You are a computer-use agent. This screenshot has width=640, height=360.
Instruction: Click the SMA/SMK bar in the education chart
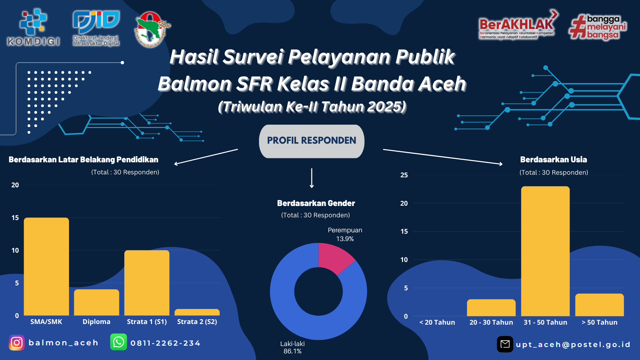[x=46, y=267]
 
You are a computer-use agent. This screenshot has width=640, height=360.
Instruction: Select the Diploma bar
[x=97, y=302]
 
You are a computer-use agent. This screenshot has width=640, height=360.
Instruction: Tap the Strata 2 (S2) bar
[x=197, y=312]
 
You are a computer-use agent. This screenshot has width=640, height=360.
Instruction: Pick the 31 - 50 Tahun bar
[x=545, y=251]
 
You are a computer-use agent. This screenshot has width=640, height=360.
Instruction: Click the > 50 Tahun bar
[x=599, y=305]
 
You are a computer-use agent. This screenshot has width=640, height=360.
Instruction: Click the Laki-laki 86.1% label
[x=292, y=347]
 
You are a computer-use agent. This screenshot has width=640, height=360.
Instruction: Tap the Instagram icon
[x=17, y=343]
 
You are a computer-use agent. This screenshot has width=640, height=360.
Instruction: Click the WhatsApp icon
[x=119, y=342]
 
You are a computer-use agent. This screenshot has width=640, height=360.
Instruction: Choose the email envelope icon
[x=505, y=344]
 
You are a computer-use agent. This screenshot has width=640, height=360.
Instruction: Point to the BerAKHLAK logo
[x=518, y=25]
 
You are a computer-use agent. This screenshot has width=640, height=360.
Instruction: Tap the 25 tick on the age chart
[x=404, y=175]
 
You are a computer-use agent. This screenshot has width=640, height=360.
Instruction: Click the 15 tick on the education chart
[x=15, y=218]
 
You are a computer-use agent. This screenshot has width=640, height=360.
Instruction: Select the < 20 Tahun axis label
[x=437, y=322]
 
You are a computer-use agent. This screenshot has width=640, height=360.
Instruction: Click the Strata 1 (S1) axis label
[x=147, y=322]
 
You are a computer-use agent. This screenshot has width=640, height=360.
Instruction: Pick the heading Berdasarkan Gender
[x=316, y=203]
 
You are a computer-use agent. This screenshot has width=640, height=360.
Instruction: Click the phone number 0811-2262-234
[x=165, y=343]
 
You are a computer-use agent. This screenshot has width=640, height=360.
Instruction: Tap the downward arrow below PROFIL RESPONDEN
[x=312, y=178]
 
